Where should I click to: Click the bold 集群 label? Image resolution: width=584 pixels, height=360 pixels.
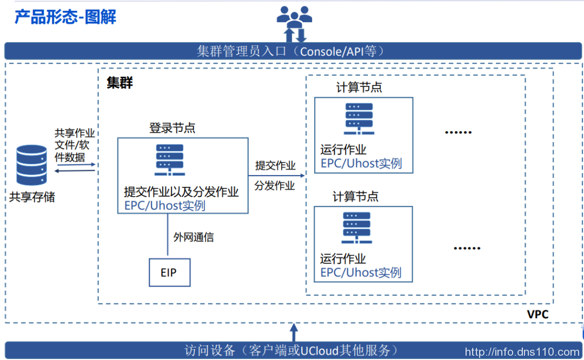tap(120, 83)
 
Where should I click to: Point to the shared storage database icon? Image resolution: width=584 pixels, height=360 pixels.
tap(32, 165)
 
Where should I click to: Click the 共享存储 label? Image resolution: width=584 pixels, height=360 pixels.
tap(32, 197)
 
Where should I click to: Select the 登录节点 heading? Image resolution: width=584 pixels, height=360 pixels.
tap(172, 128)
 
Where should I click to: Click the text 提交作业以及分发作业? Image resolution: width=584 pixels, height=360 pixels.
tap(181, 192)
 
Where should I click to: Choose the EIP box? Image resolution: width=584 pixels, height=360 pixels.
tap(169, 272)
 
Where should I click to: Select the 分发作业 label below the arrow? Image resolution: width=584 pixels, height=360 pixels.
tap(275, 186)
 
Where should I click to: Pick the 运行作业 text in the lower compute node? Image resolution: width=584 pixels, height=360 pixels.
tap(343, 259)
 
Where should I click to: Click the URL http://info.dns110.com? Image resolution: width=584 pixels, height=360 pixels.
tap(522, 352)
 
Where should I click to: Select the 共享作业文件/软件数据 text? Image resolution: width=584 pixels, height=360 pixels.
tap(74, 145)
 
